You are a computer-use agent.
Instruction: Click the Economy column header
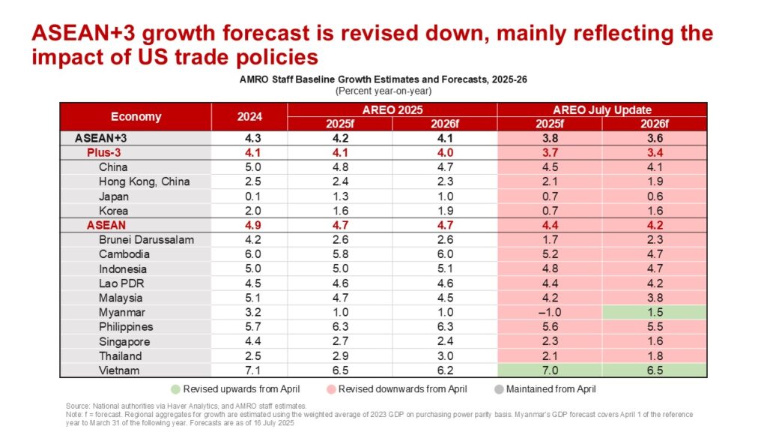[x=136, y=116]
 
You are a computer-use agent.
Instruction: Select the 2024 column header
[x=249, y=116]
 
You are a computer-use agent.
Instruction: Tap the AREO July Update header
[x=601, y=109]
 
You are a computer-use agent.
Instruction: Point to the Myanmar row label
[x=122, y=312]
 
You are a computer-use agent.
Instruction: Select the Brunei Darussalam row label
[x=146, y=240]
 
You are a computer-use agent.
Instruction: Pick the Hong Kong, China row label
[x=144, y=181]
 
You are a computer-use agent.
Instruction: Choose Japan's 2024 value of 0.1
[x=249, y=196]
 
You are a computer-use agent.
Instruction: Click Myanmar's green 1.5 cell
[x=654, y=312]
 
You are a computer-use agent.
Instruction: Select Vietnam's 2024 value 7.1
[x=249, y=370]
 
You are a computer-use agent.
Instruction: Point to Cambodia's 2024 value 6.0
[x=249, y=254]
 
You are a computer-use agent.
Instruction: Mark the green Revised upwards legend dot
[x=176, y=388]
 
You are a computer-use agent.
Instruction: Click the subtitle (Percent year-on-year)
[x=383, y=91]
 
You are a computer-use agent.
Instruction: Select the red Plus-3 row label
[x=103, y=152]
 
